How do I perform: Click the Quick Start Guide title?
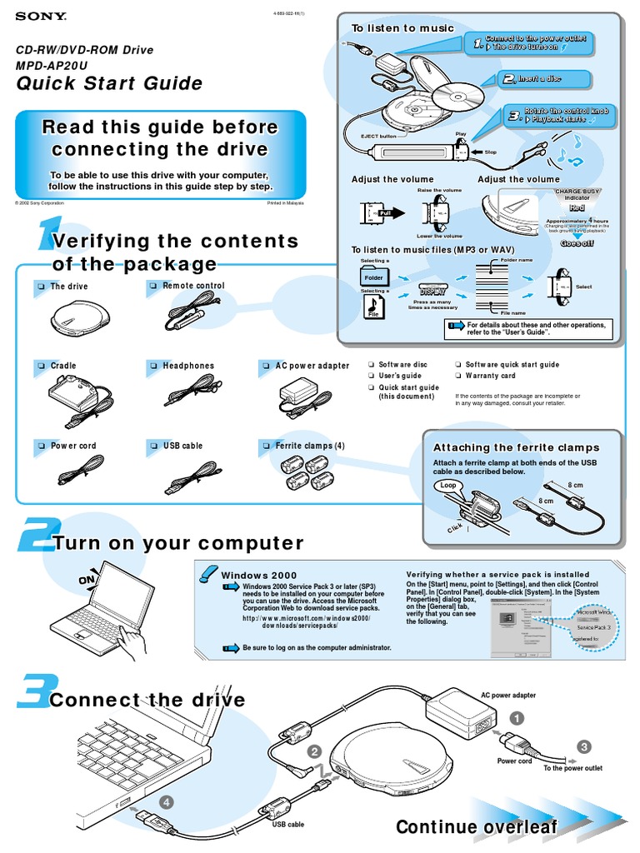[110, 83]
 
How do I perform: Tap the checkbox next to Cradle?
[39, 366]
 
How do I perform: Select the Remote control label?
[193, 286]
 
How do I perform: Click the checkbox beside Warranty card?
[457, 376]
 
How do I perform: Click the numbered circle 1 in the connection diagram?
[517, 717]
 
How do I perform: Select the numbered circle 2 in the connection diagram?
[314, 751]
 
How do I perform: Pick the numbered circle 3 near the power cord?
[584, 746]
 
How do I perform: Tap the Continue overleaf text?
[477, 826]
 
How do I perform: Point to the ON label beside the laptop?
[87, 580]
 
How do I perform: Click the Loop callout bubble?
[448, 485]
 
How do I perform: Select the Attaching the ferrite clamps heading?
[517, 447]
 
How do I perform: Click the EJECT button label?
[377, 136]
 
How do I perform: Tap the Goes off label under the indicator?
[577, 243]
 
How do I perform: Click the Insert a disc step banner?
[545, 79]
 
